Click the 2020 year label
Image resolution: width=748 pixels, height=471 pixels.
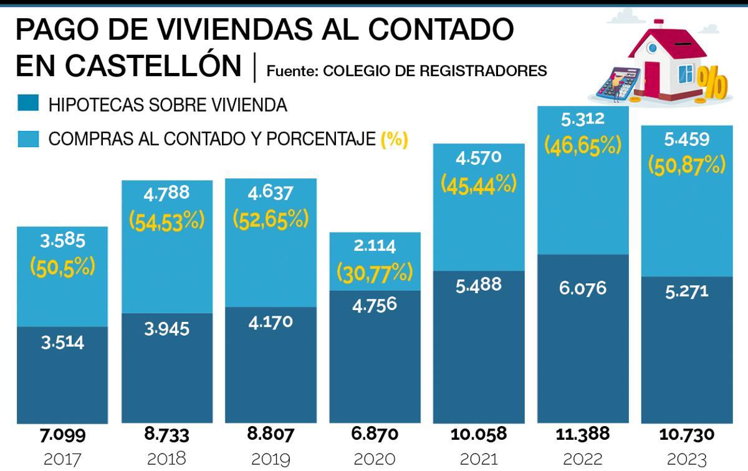(x=375, y=459)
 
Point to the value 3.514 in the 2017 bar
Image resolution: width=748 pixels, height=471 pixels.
(x=62, y=342)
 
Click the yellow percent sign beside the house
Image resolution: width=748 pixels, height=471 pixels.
(x=711, y=82)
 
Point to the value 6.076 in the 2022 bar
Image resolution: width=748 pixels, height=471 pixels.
(x=582, y=288)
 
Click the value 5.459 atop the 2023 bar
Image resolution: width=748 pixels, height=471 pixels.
(x=686, y=140)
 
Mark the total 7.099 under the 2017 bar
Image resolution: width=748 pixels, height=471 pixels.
(x=62, y=434)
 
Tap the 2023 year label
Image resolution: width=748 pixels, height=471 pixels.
(x=686, y=459)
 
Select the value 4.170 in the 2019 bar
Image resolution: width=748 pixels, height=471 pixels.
(x=271, y=323)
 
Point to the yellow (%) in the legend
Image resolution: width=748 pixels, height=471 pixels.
(x=394, y=139)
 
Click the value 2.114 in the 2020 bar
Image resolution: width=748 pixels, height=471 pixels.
(x=375, y=246)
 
